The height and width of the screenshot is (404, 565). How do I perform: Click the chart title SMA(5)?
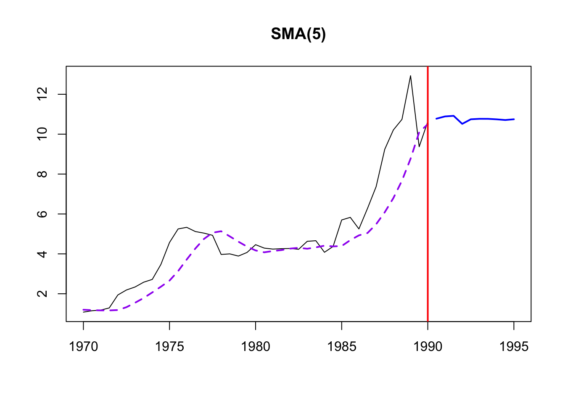click(298, 34)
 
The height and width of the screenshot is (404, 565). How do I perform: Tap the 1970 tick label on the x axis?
click(83, 346)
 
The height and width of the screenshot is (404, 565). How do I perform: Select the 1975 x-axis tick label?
click(169, 346)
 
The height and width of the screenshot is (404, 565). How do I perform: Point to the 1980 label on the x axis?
click(256, 346)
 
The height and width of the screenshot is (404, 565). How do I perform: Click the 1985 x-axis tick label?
click(342, 346)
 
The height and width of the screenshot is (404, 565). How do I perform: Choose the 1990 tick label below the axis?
click(428, 346)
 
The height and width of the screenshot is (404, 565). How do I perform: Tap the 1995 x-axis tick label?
click(514, 346)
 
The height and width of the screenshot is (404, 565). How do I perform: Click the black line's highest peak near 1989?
click(410, 76)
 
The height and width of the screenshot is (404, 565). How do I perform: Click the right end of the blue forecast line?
click(514, 119)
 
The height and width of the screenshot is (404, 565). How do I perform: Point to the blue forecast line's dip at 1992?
click(462, 124)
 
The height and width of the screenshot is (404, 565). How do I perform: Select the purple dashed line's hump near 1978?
click(221, 231)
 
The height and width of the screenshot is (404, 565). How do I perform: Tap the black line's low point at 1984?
click(325, 252)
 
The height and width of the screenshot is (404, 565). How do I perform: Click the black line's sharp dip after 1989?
click(419, 146)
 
